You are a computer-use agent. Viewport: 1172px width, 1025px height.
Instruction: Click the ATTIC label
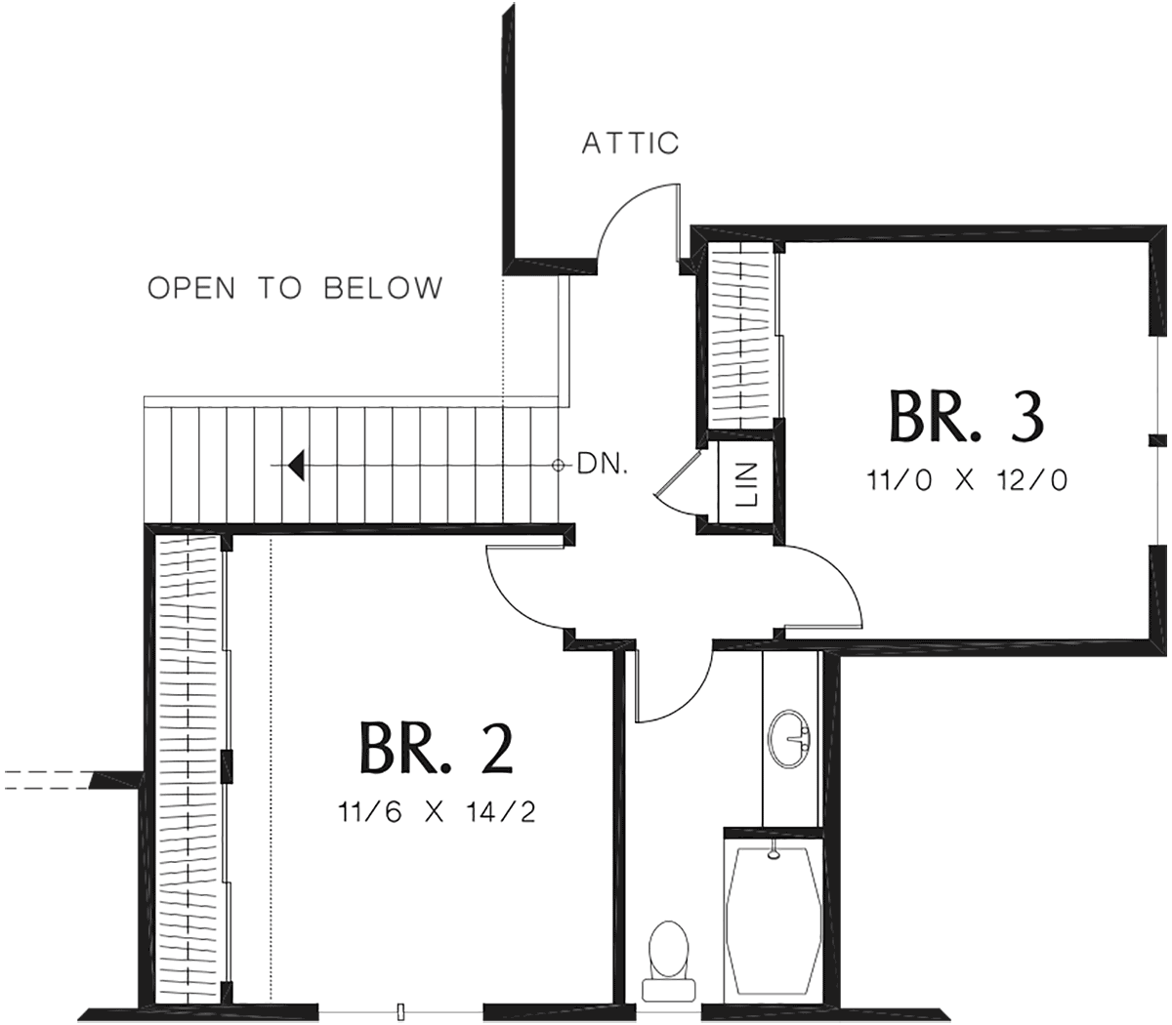click(x=630, y=143)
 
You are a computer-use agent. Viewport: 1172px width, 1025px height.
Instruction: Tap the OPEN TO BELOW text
click(x=296, y=287)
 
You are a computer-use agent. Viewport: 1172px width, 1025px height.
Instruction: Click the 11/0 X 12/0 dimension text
click(x=968, y=480)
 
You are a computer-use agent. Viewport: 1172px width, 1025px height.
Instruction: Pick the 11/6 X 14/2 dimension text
click(x=437, y=811)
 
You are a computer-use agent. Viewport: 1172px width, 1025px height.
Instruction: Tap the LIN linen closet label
click(x=747, y=484)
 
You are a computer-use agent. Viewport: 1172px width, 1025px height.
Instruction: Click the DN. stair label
click(x=603, y=465)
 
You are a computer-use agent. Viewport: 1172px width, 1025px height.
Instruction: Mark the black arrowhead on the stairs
click(x=296, y=465)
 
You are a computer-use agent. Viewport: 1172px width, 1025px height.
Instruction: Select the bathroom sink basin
click(x=789, y=739)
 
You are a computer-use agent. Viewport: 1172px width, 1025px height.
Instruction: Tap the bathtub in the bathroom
click(x=774, y=923)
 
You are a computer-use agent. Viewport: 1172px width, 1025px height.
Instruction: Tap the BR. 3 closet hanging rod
click(x=741, y=335)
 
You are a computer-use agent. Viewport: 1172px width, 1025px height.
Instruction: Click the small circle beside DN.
click(x=558, y=465)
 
